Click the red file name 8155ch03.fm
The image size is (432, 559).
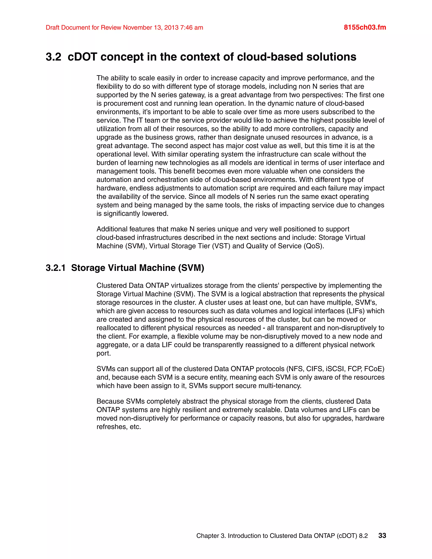click(x=365, y=27)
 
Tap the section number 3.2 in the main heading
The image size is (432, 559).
click(x=54, y=57)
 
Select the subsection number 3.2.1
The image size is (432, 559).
click(x=55, y=268)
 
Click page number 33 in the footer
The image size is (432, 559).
click(x=382, y=535)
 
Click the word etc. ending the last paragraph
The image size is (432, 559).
click(x=135, y=427)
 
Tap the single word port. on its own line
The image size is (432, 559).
click(x=104, y=354)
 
